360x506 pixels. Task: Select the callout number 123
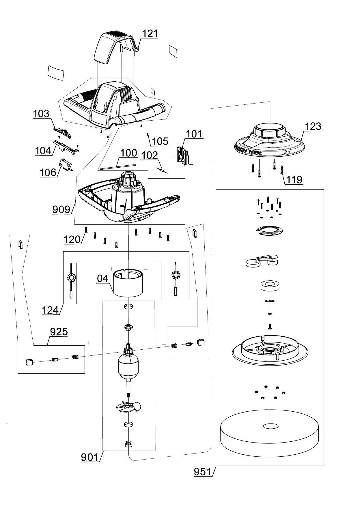click(313, 126)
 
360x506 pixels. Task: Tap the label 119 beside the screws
click(294, 180)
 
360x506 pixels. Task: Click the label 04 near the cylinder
click(103, 278)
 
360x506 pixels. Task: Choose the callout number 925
click(59, 332)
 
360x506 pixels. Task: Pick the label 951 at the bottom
click(202, 472)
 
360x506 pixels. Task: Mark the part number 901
click(90, 457)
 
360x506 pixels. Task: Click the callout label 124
click(50, 310)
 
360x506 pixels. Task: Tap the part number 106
click(48, 172)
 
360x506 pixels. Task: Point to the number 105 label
click(160, 141)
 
